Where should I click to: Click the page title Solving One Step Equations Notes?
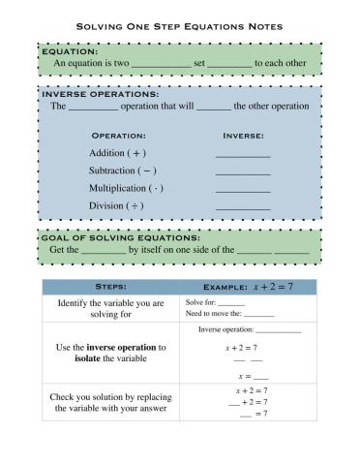point(180,27)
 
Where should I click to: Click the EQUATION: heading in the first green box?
point(71,50)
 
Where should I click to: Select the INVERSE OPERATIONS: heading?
point(101,94)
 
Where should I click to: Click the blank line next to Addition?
point(243,155)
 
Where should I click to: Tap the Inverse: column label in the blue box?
point(243,136)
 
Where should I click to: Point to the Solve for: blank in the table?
point(231,304)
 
